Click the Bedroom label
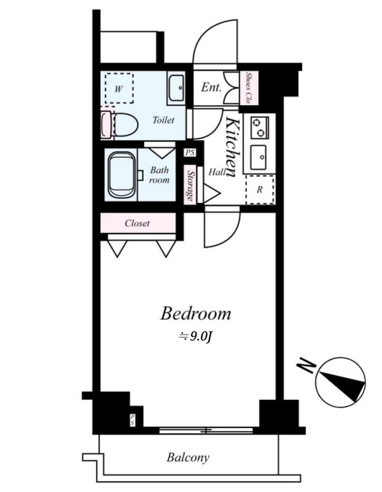(195, 314)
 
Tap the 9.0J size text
(196, 336)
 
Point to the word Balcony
(188, 458)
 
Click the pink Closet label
(137, 223)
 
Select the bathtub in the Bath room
(122, 175)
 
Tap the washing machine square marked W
(119, 89)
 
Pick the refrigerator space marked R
(260, 189)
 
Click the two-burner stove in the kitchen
(260, 127)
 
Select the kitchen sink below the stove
(258, 157)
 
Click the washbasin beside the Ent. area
(176, 87)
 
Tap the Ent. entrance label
(211, 87)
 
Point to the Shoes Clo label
(249, 88)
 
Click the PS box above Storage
(190, 153)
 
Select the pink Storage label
(190, 186)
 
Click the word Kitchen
(233, 147)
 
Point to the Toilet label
(163, 120)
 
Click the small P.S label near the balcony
(133, 420)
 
